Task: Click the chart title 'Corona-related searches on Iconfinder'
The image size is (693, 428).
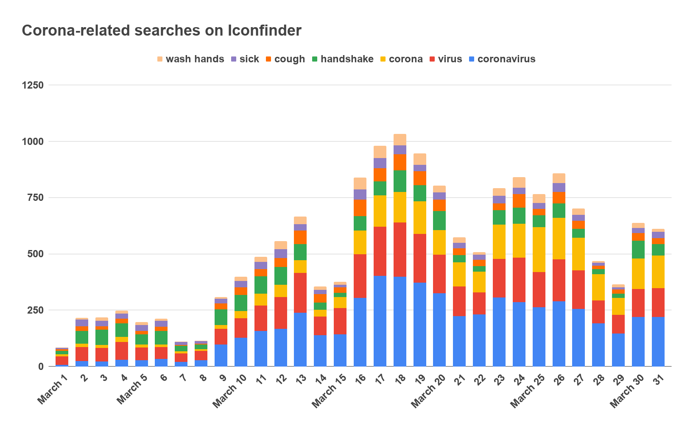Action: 162,31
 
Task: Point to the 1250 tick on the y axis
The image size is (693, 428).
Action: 33,85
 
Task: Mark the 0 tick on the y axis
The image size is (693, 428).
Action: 41,367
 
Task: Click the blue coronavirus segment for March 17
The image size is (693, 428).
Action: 380,321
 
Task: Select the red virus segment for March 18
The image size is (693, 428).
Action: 400,250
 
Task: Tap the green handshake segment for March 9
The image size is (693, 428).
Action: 221,317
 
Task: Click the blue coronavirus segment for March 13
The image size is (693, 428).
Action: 300,339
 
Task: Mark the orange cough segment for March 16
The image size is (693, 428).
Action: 360,208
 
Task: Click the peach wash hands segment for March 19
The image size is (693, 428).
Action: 420,159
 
